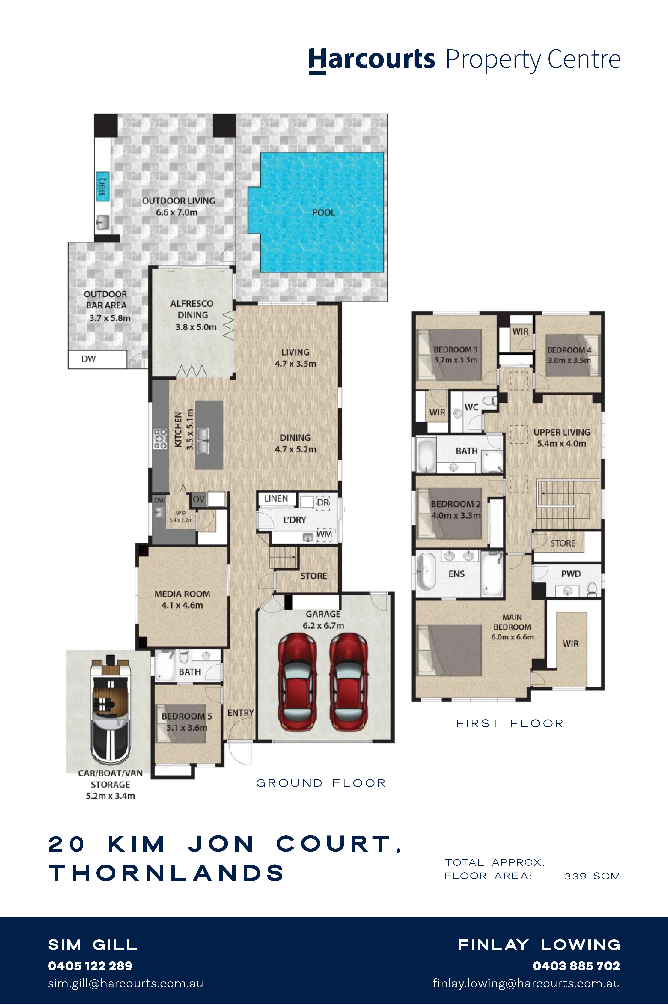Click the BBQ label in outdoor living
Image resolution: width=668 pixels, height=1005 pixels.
click(102, 186)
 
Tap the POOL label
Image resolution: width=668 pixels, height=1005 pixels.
click(324, 212)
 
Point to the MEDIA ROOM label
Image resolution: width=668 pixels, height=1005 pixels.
click(182, 593)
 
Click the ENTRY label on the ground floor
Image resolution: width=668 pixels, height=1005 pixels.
click(241, 713)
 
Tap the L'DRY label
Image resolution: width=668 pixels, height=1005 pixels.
click(295, 520)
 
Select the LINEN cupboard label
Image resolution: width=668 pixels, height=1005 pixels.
click(276, 498)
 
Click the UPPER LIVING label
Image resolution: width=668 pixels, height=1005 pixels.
click(562, 432)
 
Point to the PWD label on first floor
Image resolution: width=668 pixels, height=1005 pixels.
click(571, 574)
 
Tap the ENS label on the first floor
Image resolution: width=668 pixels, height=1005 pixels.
click(456, 574)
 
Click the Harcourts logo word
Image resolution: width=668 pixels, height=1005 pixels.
click(372, 60)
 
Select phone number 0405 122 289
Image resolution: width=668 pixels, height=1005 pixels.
click(90, 966)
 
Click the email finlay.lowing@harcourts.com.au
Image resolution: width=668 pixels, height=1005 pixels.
click(526, 983)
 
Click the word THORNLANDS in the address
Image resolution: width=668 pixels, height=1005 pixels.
click(166, 873)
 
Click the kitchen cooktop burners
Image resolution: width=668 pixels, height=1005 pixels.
click(161, 439)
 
